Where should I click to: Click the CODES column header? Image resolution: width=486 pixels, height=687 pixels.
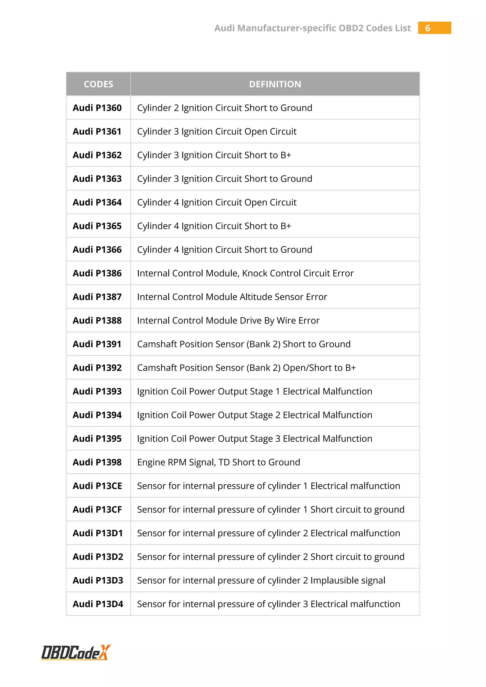(98, 84)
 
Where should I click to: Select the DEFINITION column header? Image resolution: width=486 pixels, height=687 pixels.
(275, 84)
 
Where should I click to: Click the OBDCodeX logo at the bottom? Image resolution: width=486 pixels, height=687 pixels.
(76, 652)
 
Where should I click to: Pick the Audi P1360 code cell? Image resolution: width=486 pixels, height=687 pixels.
(97, 108)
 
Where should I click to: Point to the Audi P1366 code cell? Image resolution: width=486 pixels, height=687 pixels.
(97, 250)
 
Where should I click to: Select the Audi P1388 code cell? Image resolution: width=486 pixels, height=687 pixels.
(97, 320)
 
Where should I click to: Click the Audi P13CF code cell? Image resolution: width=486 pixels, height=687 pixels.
(97, 509)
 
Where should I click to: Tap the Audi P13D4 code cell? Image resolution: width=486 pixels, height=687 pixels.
(98, 604)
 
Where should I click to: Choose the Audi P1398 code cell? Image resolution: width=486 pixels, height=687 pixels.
(97, 462)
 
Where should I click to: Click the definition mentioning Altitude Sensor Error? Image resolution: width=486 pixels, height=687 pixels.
(232, 297)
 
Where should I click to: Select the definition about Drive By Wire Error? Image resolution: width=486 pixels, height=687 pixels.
(228, 320)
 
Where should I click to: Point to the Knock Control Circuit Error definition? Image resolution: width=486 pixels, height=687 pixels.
(245, 273)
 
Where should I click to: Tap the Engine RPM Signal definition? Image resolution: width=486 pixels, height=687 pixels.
(219, 462)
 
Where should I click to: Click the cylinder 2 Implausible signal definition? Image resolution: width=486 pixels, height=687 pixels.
(261, 580)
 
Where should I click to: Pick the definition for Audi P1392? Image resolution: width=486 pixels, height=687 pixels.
(246, 368)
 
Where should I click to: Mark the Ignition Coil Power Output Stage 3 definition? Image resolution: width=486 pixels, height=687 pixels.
(254, 439)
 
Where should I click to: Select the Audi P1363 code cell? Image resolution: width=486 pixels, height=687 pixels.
(97, 179)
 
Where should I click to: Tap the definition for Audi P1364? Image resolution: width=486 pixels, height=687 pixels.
(217, 202)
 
